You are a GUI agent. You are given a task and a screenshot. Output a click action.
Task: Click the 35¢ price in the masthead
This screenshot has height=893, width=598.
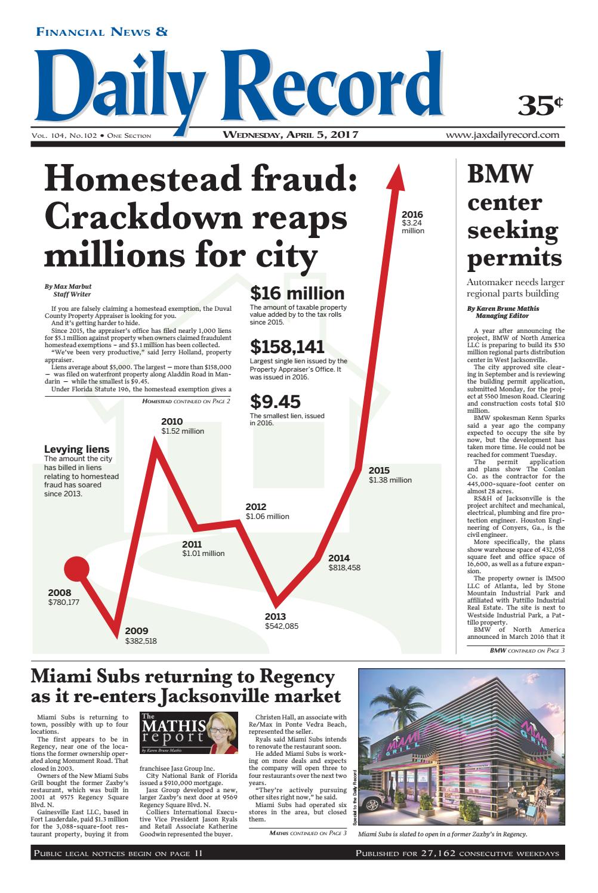tap(540, 105)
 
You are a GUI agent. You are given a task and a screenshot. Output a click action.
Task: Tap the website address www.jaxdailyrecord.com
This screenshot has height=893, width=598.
tap(502, 135)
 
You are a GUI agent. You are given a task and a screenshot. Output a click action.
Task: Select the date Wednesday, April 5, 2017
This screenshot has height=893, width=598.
tap(290, 135)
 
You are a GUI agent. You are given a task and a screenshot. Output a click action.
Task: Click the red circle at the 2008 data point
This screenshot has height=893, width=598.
tap(76, 568)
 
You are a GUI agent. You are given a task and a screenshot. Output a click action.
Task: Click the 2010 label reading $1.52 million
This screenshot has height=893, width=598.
tap(182, 427)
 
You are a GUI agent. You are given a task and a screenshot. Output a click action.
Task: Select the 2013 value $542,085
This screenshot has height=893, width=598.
tap(282, 626)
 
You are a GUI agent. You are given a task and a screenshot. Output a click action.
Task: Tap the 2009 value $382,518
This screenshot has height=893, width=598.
tap(141, 641)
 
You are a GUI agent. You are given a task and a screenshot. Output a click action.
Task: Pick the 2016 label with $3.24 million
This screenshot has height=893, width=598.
tap(412, 223)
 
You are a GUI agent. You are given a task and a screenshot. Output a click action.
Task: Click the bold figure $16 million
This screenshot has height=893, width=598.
tap(297, 293)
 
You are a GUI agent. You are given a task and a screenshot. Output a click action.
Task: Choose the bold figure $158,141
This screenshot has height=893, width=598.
tap(287, 347)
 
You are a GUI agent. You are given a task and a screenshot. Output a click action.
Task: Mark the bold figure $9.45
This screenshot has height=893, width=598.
tap(275, 401)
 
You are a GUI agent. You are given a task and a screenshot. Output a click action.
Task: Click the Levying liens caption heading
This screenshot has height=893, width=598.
tap(77, 449)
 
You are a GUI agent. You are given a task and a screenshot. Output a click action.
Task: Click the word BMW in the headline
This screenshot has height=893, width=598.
tap(500, 174)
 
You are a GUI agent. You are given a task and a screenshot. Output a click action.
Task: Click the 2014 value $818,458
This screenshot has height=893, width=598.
tap(344, 568)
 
